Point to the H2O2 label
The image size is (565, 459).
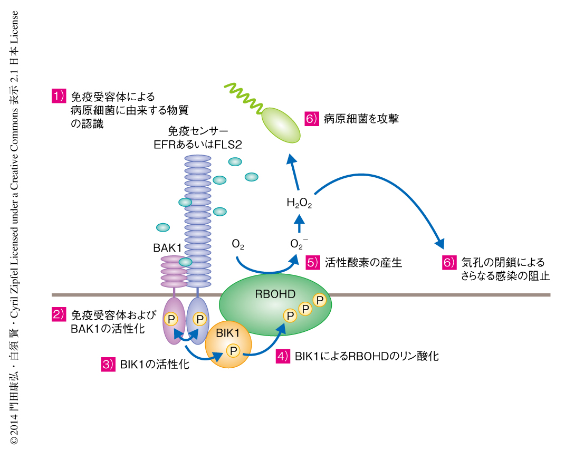(299, 203)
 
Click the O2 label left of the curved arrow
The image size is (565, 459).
(238, 244)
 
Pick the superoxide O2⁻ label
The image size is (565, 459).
(299, 244)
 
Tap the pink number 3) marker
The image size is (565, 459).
(108, 364)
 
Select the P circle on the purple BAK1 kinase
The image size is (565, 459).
(171, 319)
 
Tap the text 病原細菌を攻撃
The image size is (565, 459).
(361, 119)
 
